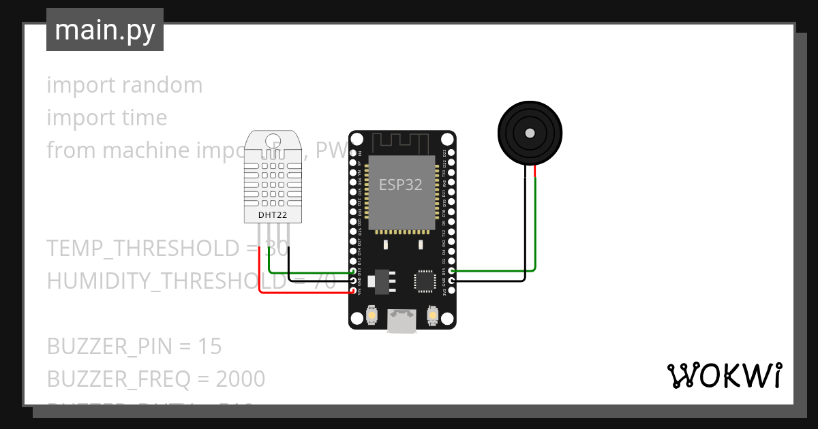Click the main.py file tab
click(x=105, y=30)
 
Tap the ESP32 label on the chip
click(x=401, y=185)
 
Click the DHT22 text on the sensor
click(x=272, y=215)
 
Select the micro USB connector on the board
click(x=402, y=321)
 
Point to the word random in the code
click(x=163, y=85)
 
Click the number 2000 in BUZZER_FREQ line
click(x=241, y=379)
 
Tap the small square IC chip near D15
click(x=424, y=280)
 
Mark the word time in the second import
click(x=145, y=118)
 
